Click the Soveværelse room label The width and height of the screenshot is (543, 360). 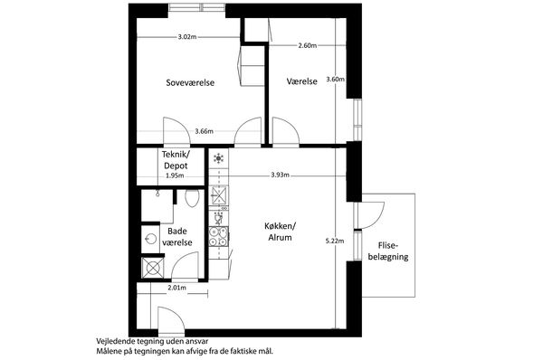coord(190,82)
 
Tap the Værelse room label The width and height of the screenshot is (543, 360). coord(302,81)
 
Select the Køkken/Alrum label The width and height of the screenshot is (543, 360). coord(280,232)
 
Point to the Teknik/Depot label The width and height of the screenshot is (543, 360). coord(176,159)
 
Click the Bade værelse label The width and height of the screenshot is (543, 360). coord(177,237)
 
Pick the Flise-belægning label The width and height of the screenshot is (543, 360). coord(388,251)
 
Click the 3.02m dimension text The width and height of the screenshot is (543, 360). coord(187,37)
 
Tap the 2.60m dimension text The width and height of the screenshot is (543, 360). coord(308,45)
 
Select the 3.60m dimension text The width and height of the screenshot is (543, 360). coord(336,79)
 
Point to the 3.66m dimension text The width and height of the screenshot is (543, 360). coord(204,131)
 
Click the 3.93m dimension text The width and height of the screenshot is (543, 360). coord(281,175)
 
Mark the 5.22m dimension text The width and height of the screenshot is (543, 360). coord(335,241)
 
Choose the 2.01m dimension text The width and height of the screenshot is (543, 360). coord(177,288)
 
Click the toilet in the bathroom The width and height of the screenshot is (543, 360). coord(192,198)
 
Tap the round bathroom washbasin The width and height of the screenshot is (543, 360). coord(150,239)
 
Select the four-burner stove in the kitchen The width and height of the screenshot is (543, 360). coord(218,237)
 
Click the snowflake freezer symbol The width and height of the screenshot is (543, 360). coord(218,158)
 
